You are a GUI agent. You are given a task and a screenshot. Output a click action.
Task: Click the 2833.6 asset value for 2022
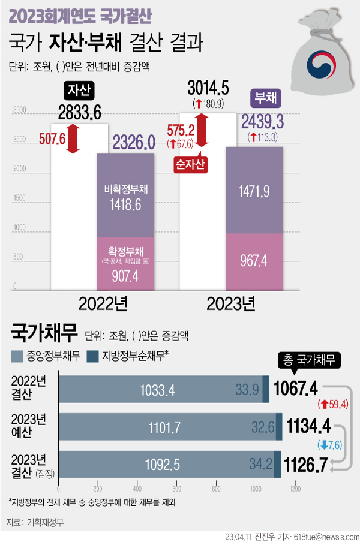point(80,112)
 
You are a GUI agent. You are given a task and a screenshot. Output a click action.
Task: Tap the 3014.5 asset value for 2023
point(208,88)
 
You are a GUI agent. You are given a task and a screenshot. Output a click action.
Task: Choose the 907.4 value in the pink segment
point(125,276)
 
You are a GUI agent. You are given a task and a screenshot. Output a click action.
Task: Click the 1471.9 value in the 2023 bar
point(255,192)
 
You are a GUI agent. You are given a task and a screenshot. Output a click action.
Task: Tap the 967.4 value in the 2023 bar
point(255,261)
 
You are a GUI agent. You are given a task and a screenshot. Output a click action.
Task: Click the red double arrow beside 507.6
point(73,138)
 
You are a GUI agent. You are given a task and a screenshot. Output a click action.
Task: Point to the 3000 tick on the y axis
point(19,110)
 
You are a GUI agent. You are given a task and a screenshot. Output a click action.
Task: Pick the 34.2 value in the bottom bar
point(261,464)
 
